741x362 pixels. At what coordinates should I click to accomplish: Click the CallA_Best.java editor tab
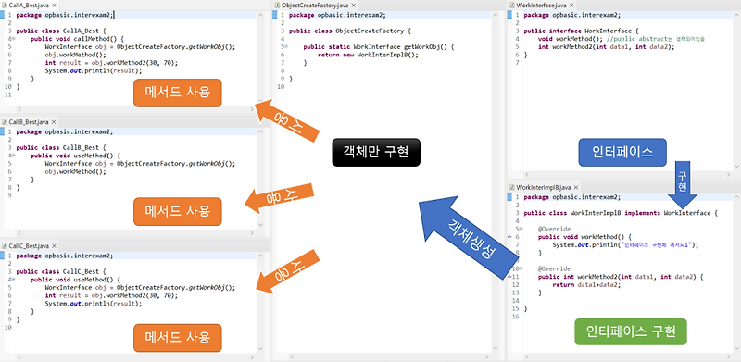(x=29, y=6)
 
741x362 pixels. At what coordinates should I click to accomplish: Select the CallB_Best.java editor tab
(x=29, y=122)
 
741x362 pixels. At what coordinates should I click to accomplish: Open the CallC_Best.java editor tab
(x=29, y=245)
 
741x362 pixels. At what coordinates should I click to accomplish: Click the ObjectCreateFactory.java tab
(x=314, y=6)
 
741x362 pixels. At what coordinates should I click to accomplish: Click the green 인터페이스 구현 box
(x=630, y=331)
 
